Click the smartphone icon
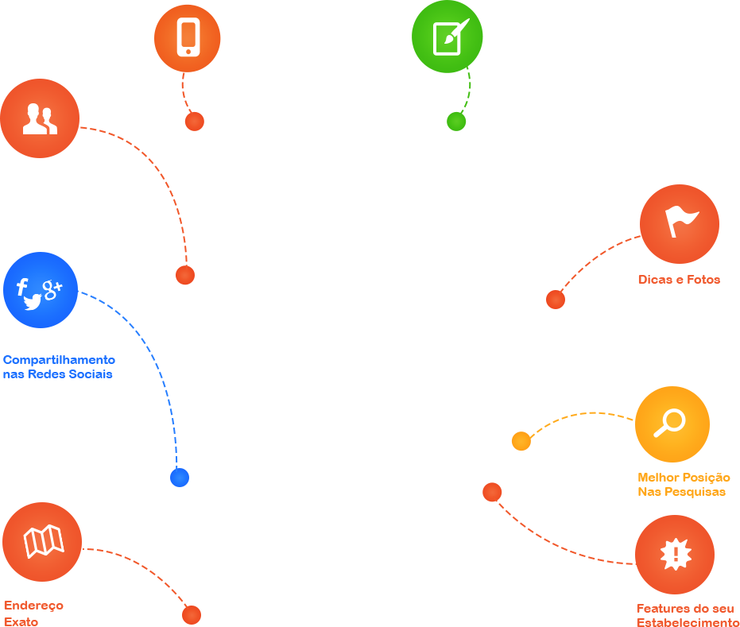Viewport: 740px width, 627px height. click(188, 37)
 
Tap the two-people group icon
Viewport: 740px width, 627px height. click(40, 118)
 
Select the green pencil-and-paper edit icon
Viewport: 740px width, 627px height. click(450, 37)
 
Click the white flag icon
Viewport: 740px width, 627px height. click(680, 222)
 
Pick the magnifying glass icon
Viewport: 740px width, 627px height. click(670, 423)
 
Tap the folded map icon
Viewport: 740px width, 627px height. click(43, 542)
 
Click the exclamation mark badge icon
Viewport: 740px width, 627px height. click(676, 554)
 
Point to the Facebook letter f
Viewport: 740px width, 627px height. click(22, 288)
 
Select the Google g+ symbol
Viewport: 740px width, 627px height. click(52, 290)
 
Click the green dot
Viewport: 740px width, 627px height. click(455, 122)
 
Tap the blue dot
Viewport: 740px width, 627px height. click(179, 478)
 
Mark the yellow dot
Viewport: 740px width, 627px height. click(521, 440)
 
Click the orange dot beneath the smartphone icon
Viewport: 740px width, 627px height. click(194, 122)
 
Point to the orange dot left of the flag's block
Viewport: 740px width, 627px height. click(556, 300)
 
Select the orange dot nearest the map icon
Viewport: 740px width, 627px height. click(191, 615)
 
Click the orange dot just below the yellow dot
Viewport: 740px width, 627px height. click(492, 492)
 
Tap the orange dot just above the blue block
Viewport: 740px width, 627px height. click(185, 275)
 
